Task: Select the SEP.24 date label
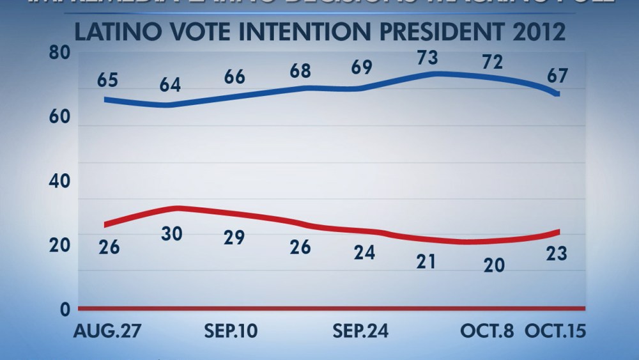click(x=362, y=331)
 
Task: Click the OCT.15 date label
click(x=553, y=331)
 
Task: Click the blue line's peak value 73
click(x=427, y=58)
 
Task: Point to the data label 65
click(x=108, y=81)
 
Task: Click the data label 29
click(x=233, y=237)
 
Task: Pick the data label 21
click(x=427, y=261)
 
